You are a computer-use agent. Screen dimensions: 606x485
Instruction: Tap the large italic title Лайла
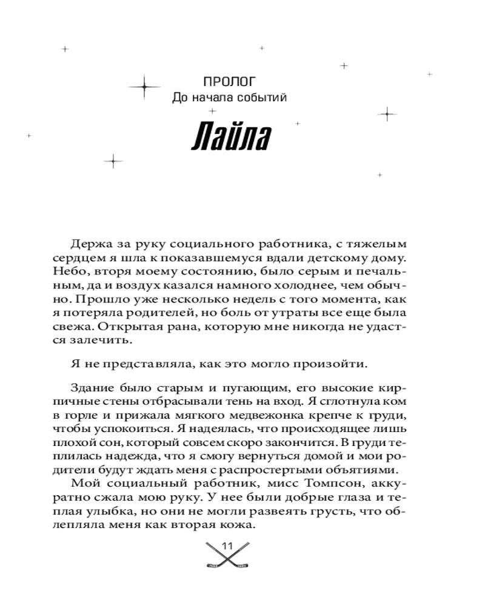click(229, 139)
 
